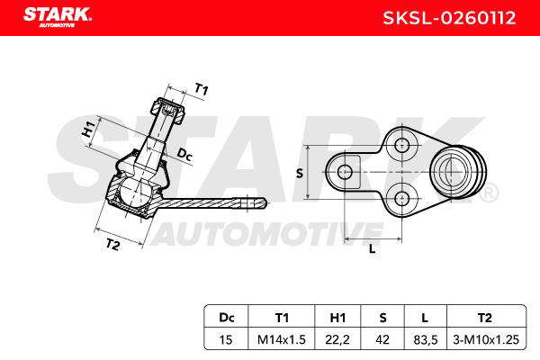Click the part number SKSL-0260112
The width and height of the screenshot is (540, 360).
[449, 18]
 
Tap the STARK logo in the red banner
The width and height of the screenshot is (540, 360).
[58, 17]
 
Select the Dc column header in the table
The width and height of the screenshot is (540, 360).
[226, 317]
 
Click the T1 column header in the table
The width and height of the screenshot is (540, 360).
[282, 317]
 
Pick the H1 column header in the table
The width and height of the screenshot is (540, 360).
[337, 317]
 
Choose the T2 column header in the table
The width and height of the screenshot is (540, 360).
[485, 317]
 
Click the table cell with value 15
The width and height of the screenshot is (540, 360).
[226, 339]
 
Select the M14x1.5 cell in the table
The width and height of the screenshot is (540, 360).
[282, 339]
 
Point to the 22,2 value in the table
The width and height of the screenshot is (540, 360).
[337, 339]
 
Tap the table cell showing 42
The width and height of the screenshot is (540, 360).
[382, 339]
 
